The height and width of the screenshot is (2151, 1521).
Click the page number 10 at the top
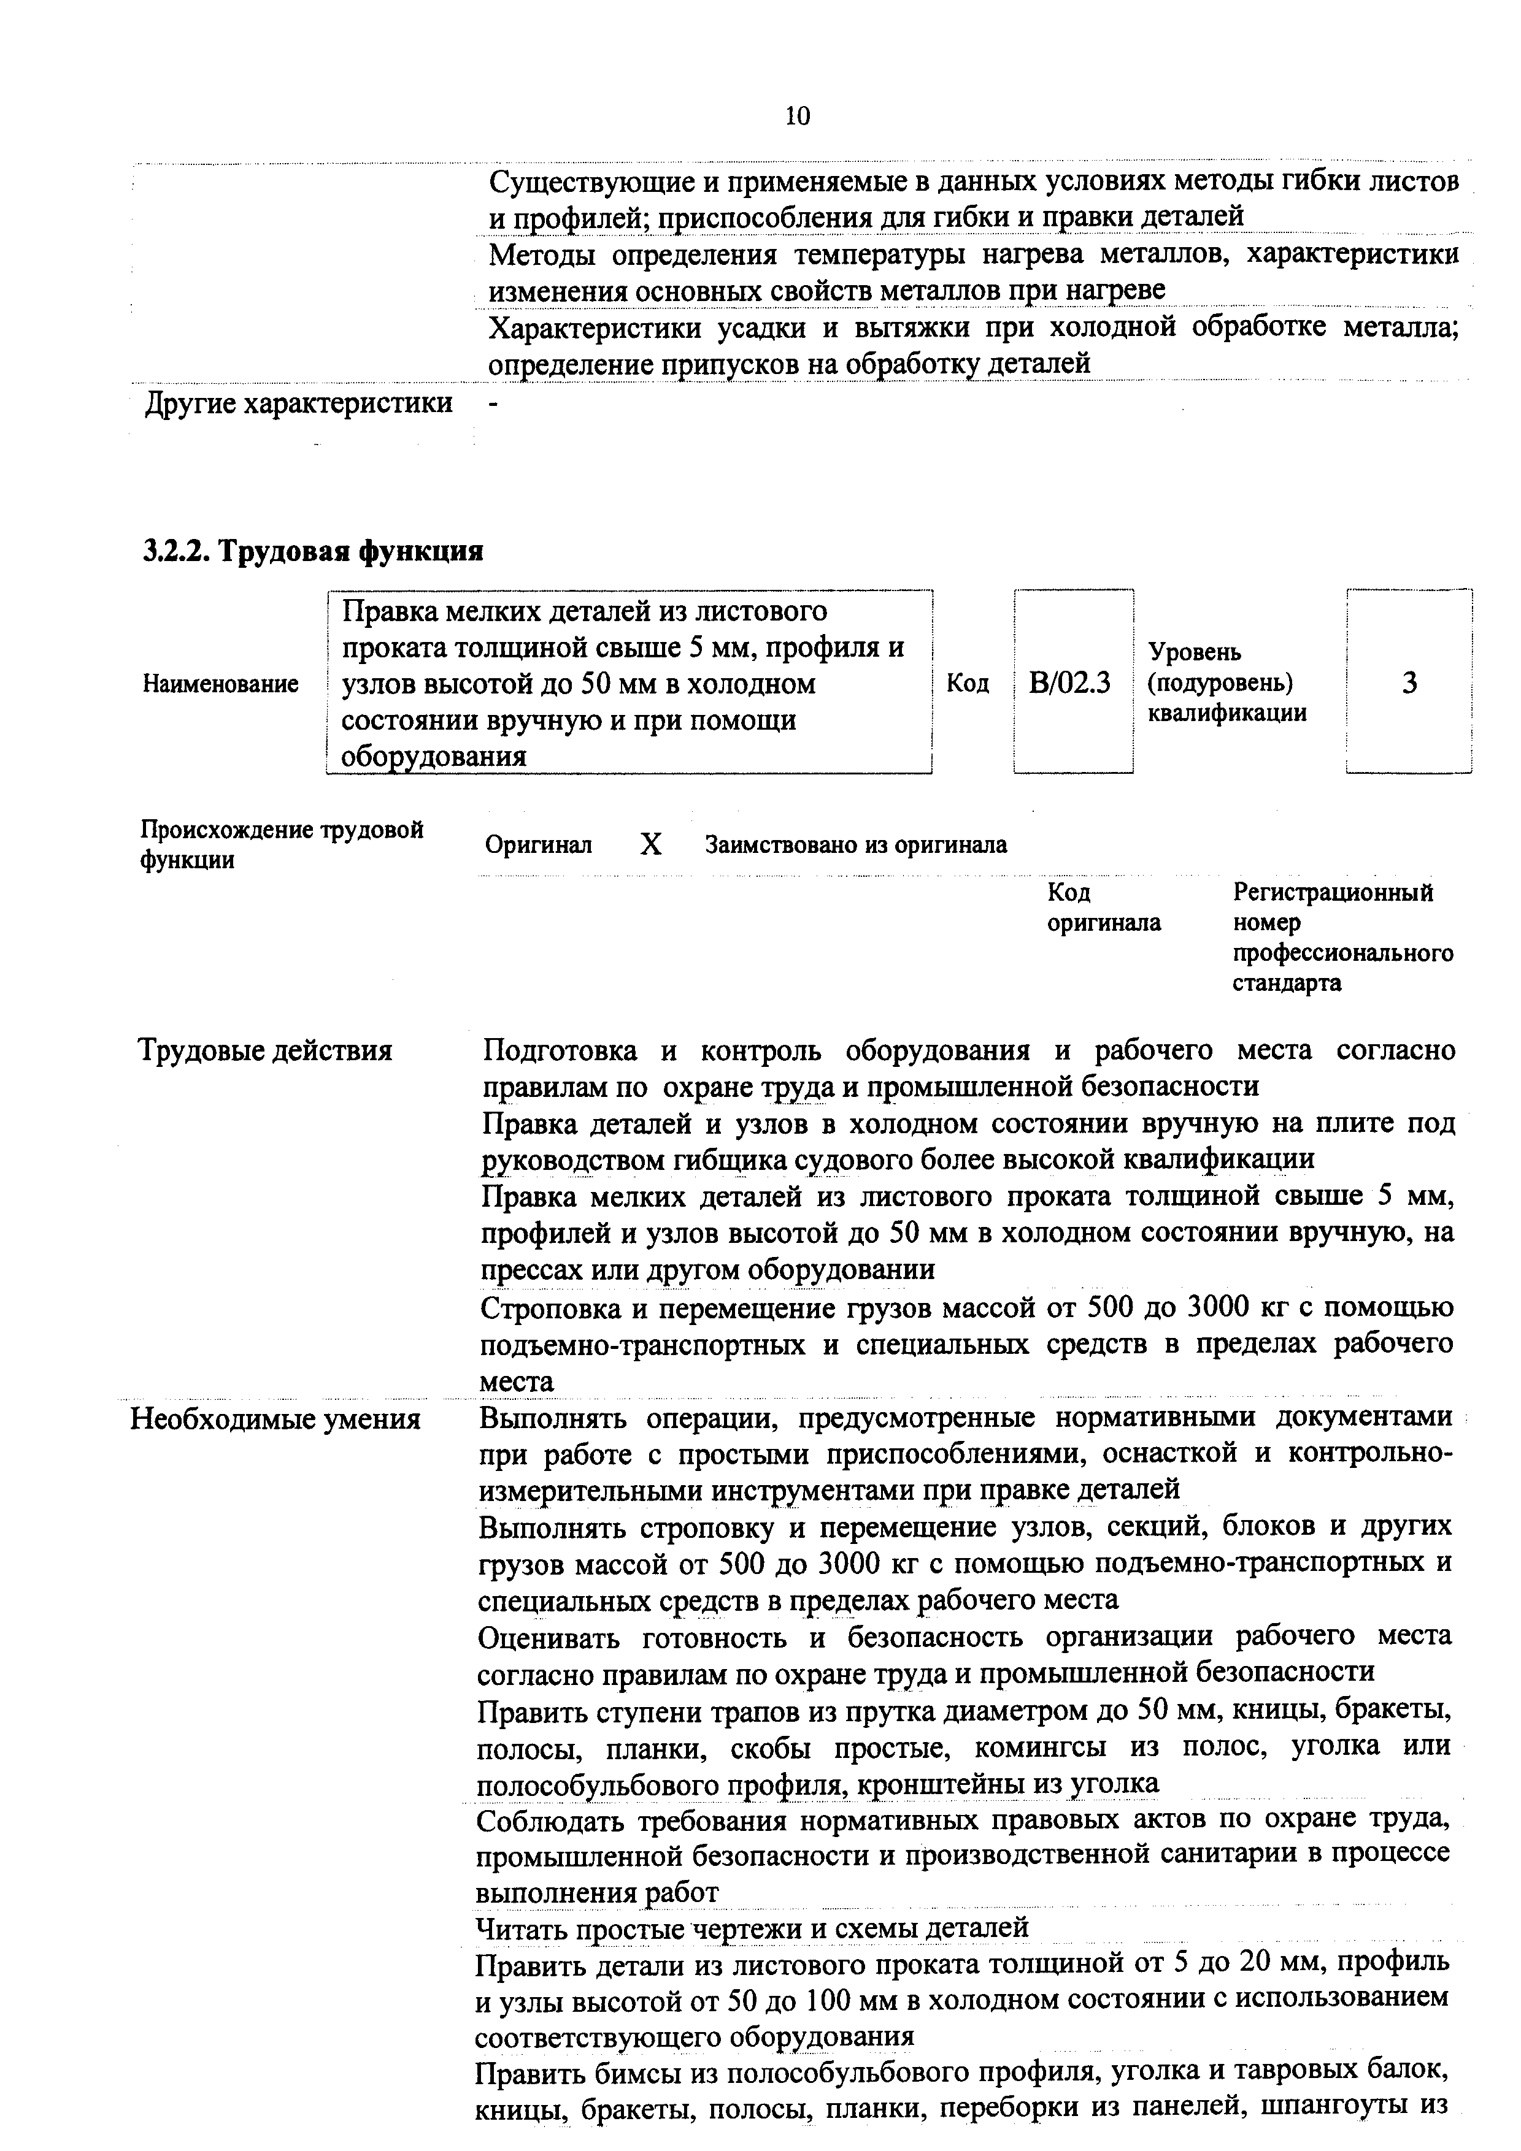point(798,116)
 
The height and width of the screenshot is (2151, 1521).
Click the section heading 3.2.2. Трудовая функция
point(313,551)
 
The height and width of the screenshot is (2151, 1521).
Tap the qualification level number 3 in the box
point(1409,683)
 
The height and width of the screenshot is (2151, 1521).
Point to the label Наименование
point(220,684)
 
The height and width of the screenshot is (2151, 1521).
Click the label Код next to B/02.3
point(967,684)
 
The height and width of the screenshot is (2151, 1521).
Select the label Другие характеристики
point(298,404)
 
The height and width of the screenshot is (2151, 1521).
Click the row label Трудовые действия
point(265,1050)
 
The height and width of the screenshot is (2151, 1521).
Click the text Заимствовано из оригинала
point(856,845)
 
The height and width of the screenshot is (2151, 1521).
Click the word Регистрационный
point(1333,892)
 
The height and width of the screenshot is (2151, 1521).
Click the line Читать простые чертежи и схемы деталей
point(753,1927)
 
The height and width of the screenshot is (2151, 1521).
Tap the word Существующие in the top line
point(585,181)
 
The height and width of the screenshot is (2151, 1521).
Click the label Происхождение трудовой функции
point(281,844)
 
